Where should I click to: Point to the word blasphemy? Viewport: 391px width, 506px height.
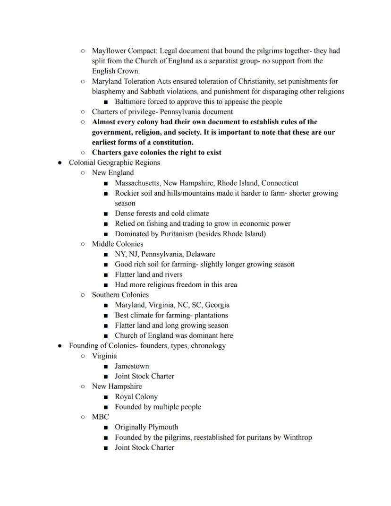pyautogui.click(x=109, y=92)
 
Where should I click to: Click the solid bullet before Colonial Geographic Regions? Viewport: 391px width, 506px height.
pyautogui.click(x=59, y=163)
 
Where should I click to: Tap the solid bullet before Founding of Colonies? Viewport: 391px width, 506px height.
pyautogui.click(x=59, y=346)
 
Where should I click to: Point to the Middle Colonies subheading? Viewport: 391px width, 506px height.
pyautogui.click(x=118, y=244)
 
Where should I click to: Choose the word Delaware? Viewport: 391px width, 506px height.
pyautogui.click(x=200, y=254)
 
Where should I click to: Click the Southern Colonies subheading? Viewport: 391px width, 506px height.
pyautogui.click(x=120, y=295)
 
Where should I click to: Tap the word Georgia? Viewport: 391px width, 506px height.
pyautogui.click(x=217, y=305)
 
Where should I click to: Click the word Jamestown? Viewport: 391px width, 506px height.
pyautogui.click(x=132, y=366)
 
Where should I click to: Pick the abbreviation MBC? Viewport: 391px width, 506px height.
pyautogui.click(x=100, y=417)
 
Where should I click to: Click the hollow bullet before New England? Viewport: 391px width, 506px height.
pyautogui.click(x=83, y=173)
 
